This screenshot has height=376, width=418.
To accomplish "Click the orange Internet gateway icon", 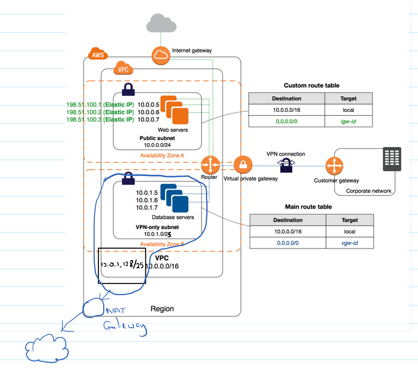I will click(x=161, y=55).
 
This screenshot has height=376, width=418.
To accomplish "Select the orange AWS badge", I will click(x=98, y=55).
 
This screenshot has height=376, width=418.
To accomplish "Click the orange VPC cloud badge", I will click(x=123, y=69).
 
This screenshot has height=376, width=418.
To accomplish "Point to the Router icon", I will click(x=210, y=165).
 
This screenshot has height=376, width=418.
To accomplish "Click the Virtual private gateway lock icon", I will click(x=243, y=165).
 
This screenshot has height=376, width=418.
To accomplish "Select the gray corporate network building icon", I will click(x=392, y=159).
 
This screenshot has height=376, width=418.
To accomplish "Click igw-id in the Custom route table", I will click(x=348, y=122).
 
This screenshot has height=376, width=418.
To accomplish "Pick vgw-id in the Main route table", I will click(x=350, y=243).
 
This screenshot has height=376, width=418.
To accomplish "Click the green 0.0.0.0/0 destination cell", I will click(x=286, y=122).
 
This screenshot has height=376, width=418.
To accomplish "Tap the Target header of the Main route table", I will click(x=350, y=220).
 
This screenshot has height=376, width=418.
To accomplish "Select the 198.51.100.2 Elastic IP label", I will click(x=100, y=112).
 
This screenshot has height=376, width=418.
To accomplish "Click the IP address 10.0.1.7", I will click(x=147, y=208).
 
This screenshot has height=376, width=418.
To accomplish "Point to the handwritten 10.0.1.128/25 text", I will click(x=122, y=265).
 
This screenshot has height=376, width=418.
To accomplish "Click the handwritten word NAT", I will click(x=115, y=310).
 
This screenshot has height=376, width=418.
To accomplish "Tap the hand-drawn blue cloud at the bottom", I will click(x=47, y=348).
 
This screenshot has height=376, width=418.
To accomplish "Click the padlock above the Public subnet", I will click(x=128, y=89).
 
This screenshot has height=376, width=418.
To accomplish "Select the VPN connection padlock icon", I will click(x=286, y=165).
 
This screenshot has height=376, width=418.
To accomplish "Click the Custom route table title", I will click(x=311, y=85).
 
